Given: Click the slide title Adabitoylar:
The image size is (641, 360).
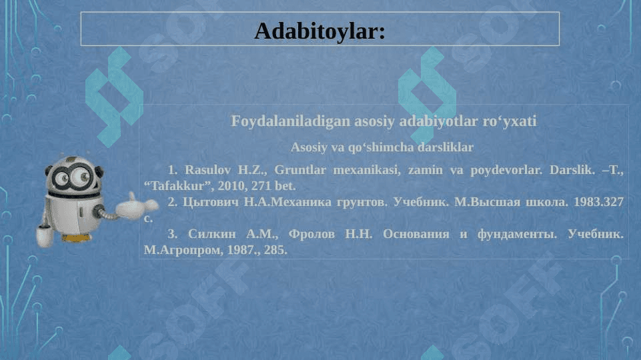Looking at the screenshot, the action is point(319,31).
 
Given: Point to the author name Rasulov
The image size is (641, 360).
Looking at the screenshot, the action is point(207,169).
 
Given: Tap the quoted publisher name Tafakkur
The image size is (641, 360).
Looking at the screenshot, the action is point(177,186).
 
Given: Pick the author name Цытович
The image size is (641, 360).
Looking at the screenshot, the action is point(210,202).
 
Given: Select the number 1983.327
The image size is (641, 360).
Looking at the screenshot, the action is point(598,202).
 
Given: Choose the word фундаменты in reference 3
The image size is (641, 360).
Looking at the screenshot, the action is point(517,234).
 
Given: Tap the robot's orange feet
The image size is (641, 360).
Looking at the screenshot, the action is point(76,238).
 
